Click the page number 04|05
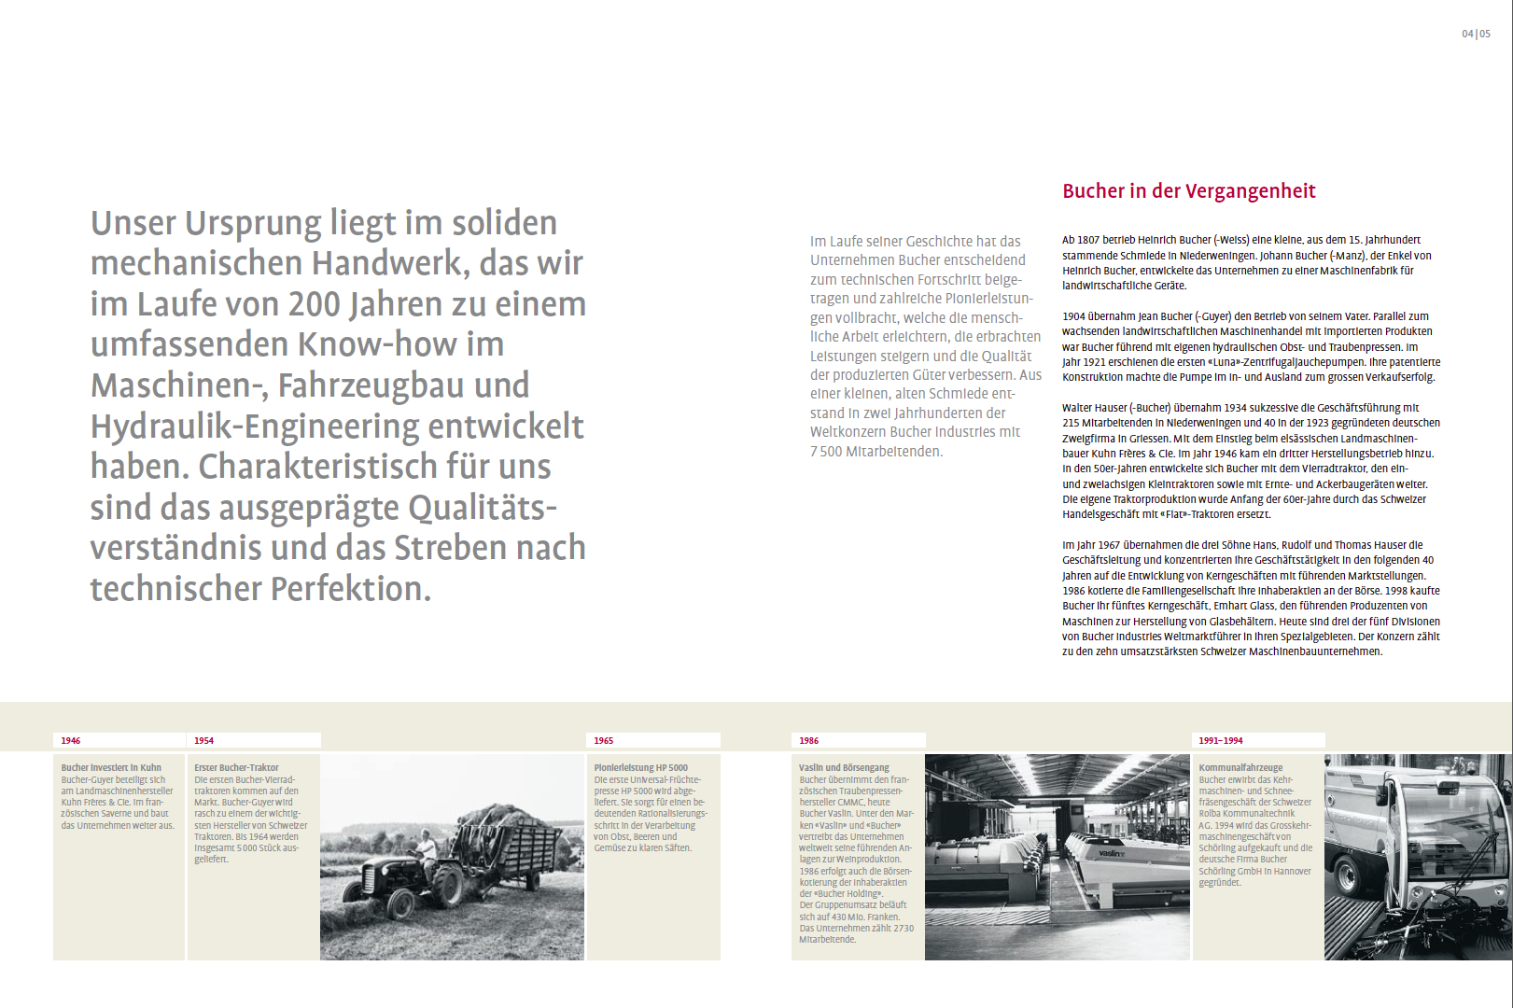point(1476,34)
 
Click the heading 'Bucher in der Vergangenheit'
point(1188,191)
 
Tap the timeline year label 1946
point(71,740)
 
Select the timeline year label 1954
point(203,740)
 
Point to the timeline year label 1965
point(604,740)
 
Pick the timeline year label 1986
point(808,740)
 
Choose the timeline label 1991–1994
point(1220,740)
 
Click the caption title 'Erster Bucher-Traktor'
point(236,768)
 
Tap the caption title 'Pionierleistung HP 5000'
point(640,768)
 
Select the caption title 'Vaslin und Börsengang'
point(844,768)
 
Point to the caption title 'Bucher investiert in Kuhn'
point(111,768)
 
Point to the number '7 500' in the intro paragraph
point(826,452)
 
